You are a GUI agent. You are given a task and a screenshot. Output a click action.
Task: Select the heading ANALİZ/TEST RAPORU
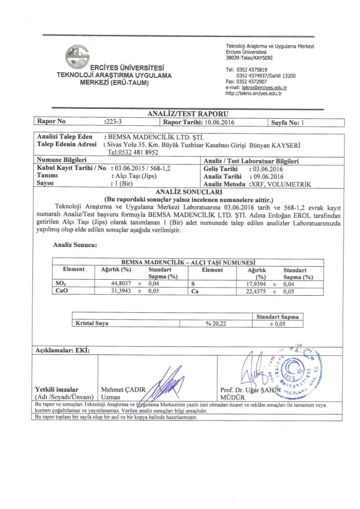pos(180,114)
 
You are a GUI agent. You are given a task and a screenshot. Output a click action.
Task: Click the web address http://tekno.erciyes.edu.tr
pos(254,93)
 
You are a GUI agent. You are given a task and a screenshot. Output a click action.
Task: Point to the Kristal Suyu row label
pos(92,323)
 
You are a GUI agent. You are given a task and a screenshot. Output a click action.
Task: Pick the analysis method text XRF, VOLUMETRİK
pos(281,184)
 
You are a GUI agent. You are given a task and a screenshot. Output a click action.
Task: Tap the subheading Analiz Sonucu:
pos(75,245)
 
